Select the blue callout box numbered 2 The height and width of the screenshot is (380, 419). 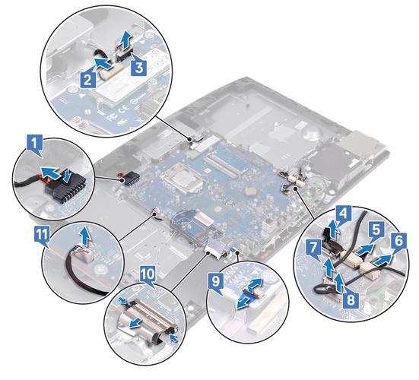(x=88, y=79)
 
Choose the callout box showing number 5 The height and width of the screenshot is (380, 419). (x=376, y=229)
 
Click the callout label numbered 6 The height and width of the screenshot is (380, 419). (x=398, y=242)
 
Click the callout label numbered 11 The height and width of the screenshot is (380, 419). (x=42, y=235)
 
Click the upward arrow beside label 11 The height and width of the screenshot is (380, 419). (x=85, y=236)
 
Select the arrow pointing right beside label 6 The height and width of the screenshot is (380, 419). (x=384, y=260)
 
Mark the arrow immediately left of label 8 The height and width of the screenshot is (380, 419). (x=338, y=283)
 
